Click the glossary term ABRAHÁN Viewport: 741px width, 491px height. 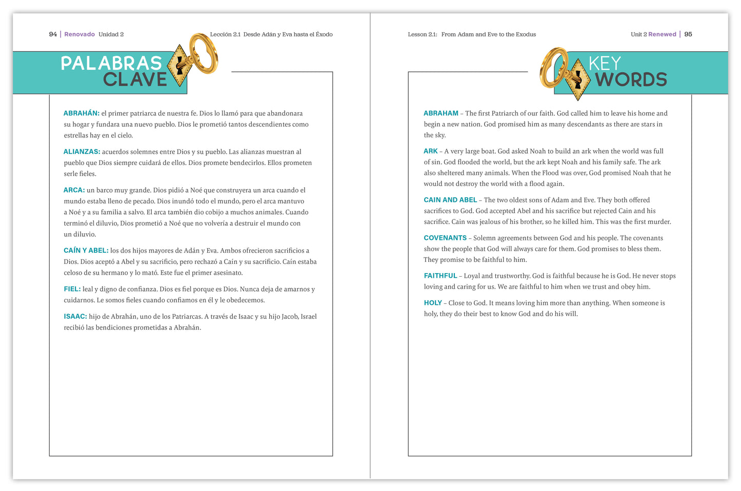coord(81,113)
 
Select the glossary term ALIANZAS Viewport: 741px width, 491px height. coord(82,152)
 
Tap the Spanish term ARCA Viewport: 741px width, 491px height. coord(74,190)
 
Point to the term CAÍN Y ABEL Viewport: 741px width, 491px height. coord(86,251)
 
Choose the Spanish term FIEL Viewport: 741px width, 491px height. coord(72,289)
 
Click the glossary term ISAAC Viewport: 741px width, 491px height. coord(75,317)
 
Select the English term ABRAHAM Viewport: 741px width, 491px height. coord(440,113)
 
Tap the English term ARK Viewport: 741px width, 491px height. coord(430,151)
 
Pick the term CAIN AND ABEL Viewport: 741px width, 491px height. coord(450,200)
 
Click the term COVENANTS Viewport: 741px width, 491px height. coord(445,238)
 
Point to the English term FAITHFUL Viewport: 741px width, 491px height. coord(440,276)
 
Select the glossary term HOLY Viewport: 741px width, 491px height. coord(432,303)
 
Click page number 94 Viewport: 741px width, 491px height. coord(53,34)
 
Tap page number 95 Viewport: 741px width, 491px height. coord(688,34)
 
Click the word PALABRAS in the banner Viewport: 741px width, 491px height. coord(111,63)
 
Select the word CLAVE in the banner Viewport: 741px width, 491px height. coord(135,80)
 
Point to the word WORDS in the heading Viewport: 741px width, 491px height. coord(631,80)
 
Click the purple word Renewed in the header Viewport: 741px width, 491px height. coord(662,34)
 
